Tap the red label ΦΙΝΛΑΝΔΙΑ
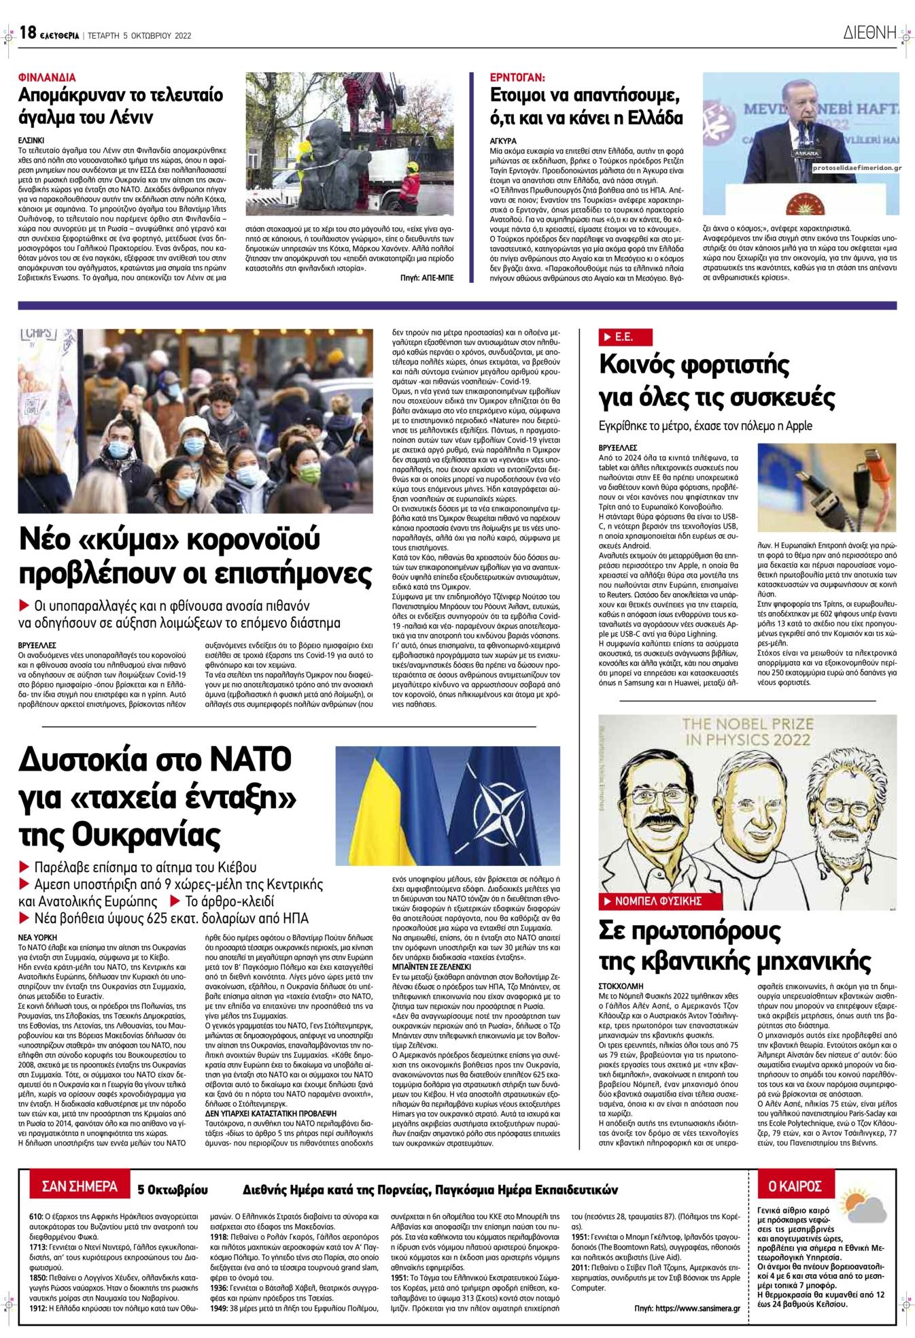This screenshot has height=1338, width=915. click(47, 78)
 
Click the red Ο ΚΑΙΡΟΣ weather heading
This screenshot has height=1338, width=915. click(794, 1187)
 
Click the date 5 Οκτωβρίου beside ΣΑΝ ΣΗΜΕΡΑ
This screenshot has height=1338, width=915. click(173, 1190)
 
